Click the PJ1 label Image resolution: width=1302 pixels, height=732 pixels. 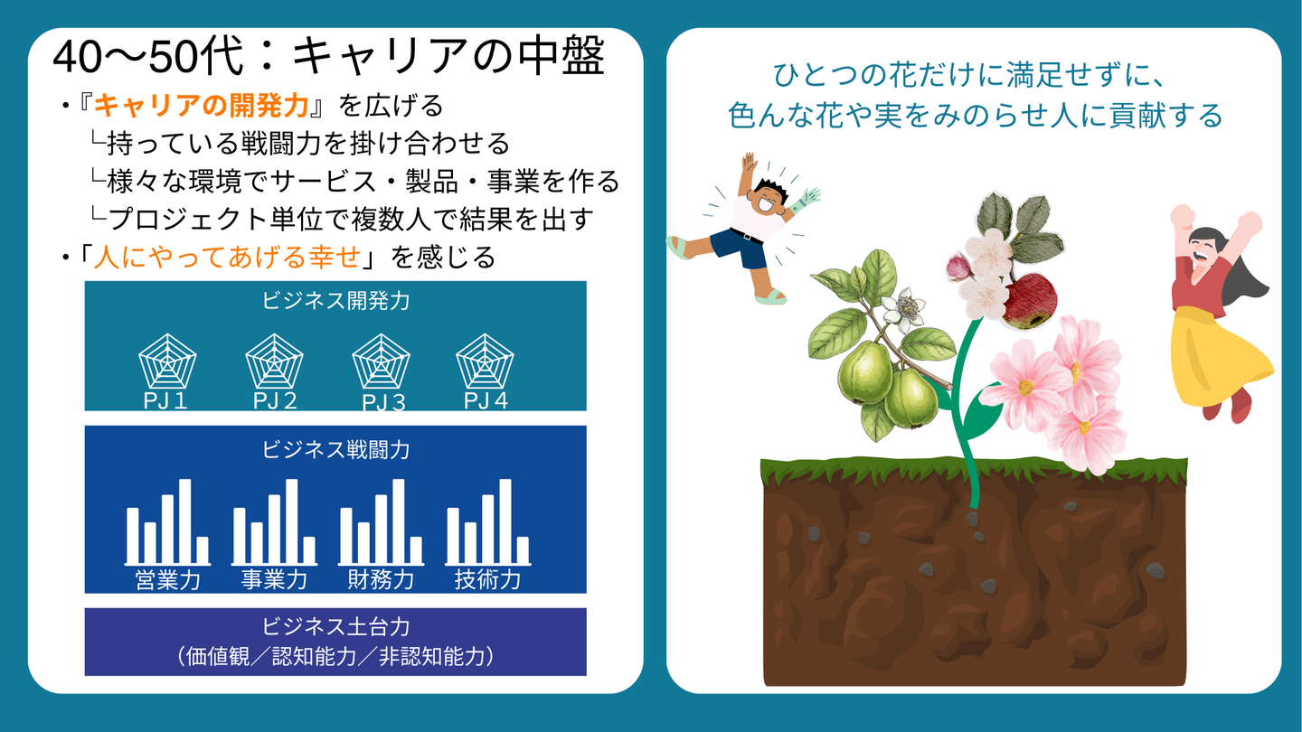click(165, 401)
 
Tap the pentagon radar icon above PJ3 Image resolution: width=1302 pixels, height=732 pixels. click(381, 361)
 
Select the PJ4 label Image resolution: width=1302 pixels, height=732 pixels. click(486, 401)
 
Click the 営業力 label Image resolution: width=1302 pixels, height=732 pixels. click(167, 580)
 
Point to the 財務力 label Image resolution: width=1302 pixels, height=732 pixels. click(381, 580)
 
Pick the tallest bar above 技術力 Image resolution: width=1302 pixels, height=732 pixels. click(505, 521)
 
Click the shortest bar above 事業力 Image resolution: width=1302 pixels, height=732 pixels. click(309, 549)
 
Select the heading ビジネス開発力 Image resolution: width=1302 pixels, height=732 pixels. click(336, 301)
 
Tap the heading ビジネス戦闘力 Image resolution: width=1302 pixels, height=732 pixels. click(336, 450)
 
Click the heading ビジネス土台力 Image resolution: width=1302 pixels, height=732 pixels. click(336, 626)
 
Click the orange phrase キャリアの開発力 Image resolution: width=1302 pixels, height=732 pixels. click(201, 106)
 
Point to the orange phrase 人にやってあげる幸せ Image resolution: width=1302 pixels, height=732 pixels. click(227, 257)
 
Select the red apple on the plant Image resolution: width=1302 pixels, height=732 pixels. click(1029, 301)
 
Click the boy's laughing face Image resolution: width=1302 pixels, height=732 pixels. click(769, 201)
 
